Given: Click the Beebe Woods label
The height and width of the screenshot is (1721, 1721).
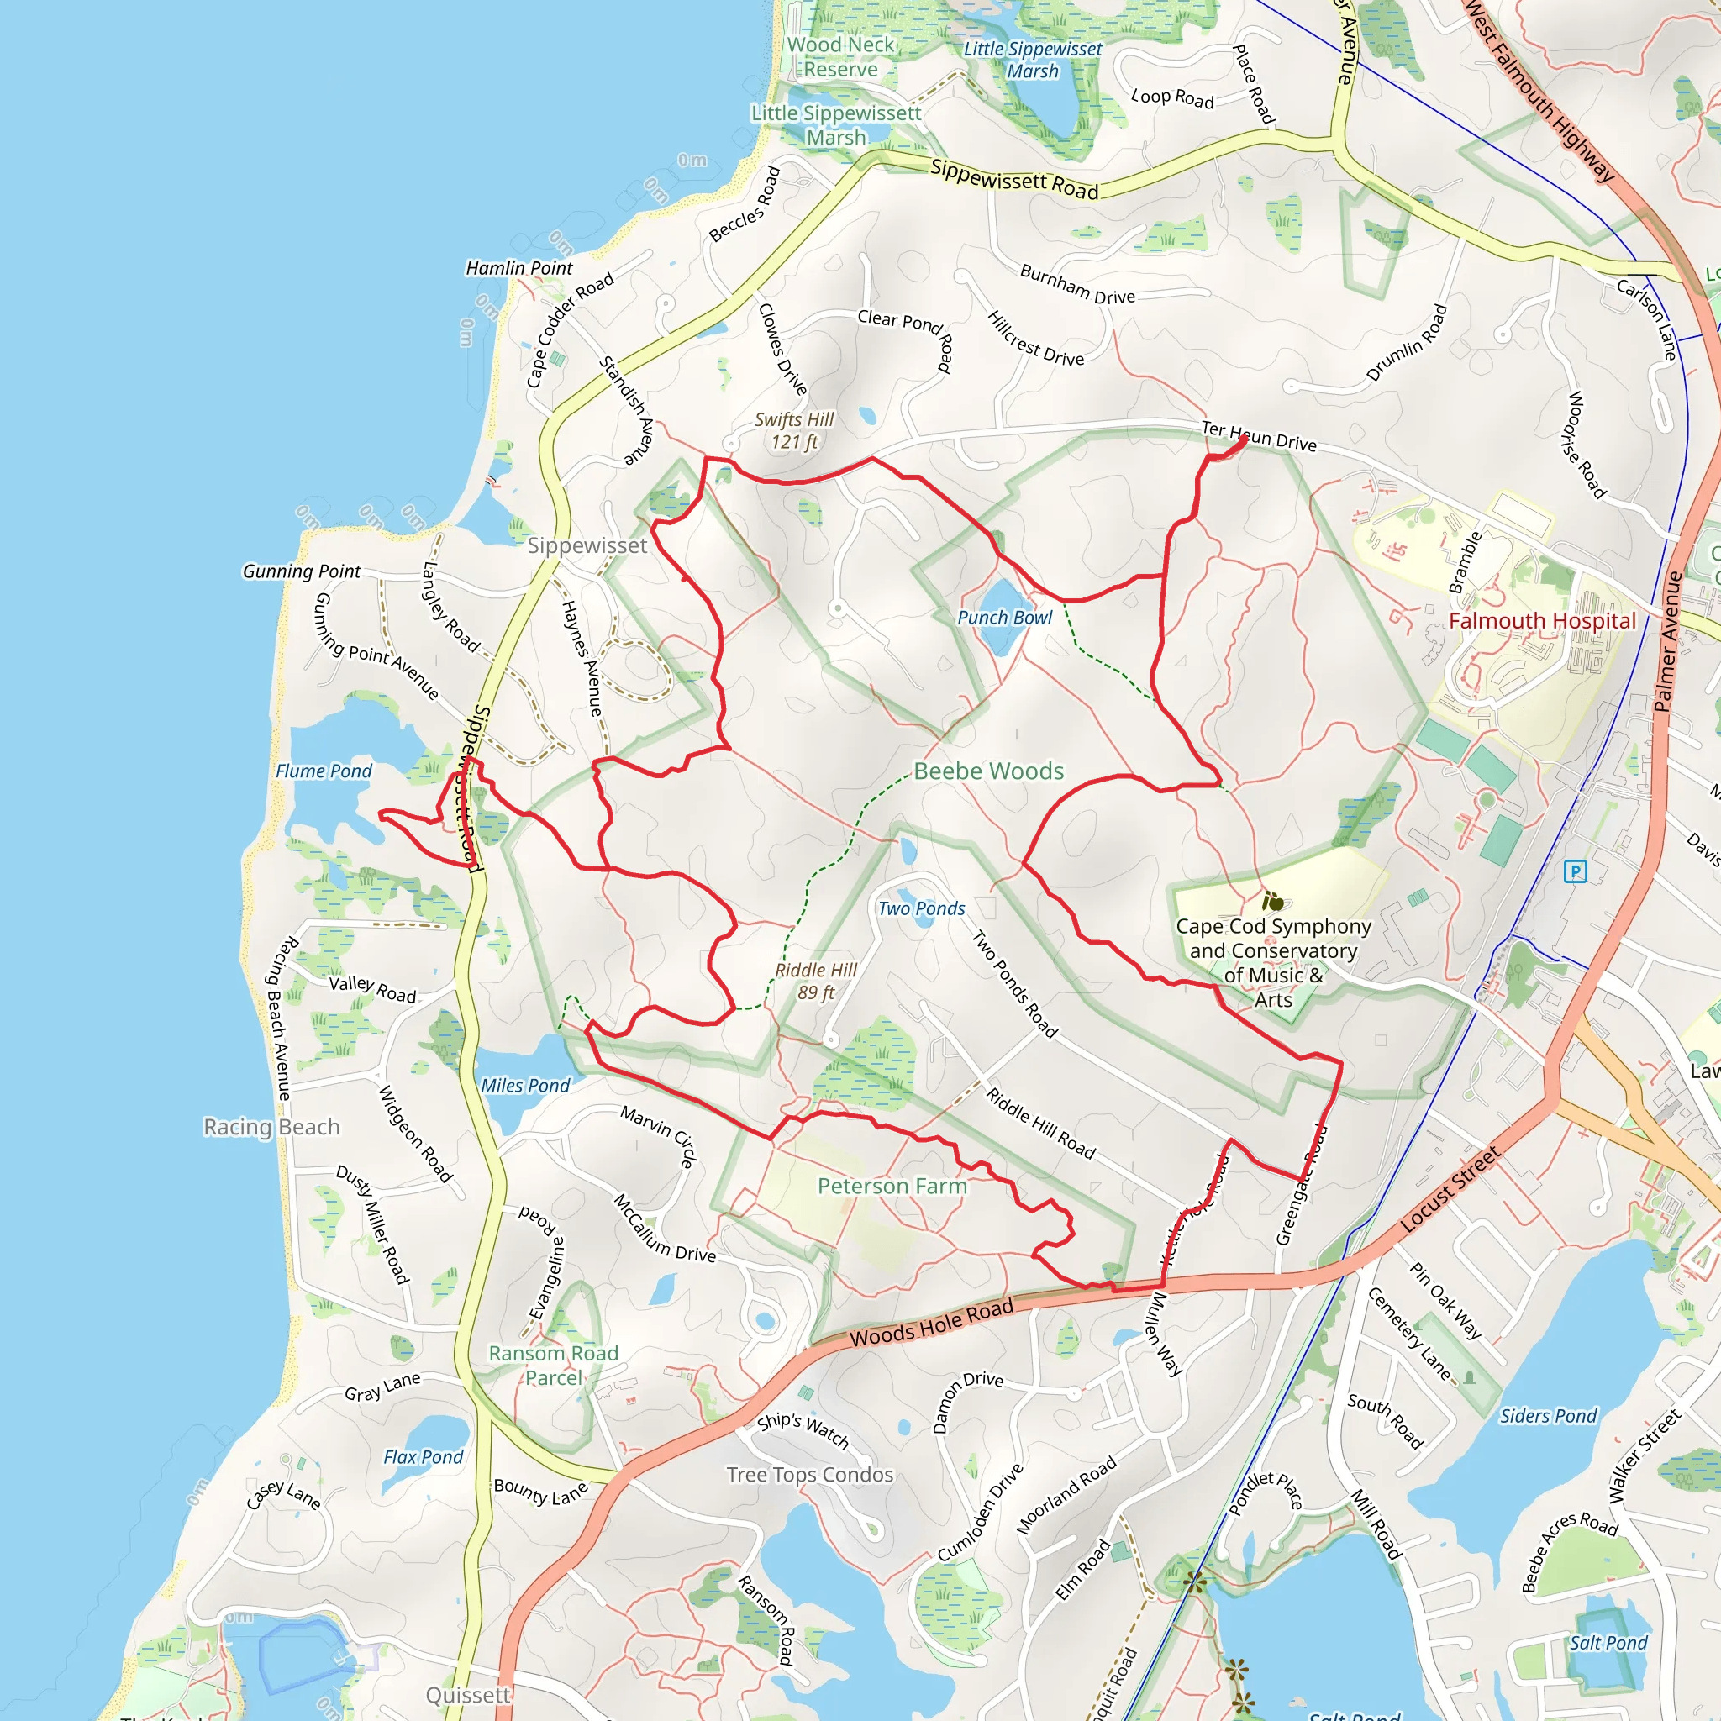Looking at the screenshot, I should pyautogui.click(x=989, y=771).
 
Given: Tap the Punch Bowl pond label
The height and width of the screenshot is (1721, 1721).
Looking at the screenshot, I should pyautogui.click(x=1005, y=618).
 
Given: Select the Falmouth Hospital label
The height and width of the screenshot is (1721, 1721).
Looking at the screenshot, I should pyautogui.click(x=1542, y=621).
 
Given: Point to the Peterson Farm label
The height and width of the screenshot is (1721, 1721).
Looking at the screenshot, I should pyautogui.click(x=892, y=1187).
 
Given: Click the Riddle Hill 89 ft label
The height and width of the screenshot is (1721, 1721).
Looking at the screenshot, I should pyautogui.click(x=816, y=982).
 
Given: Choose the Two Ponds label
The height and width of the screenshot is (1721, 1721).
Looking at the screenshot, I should pyautogui.click(x=921, y=908).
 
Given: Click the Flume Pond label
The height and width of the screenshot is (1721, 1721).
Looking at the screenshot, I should pyautogui.click(x=324, y=771).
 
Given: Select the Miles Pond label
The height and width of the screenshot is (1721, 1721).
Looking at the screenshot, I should pyautogui.click(x=524, y=1086).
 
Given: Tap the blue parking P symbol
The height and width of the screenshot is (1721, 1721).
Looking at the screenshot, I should pyautogui.click(x=1575, y=871).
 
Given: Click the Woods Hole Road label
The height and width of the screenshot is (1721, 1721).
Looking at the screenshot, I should pyautogui.click(x=931, y=1322).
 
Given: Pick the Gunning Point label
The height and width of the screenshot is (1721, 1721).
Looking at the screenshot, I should pyautogui.click(x=301, y=571).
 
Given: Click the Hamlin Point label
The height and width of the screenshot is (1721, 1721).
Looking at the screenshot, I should pyautogui.click(x=519, y=268).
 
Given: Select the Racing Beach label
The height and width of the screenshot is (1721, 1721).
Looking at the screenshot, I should pyautogui.click(x=271, y=1128).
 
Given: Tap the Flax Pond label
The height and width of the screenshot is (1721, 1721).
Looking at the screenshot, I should pyautogui.click(x=424, y=1457).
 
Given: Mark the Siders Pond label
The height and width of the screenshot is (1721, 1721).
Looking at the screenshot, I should pyautogui.click(x=1548, y=1416).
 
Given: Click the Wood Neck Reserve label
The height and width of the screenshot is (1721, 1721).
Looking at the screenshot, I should pyautogui.click(x=841, y=57).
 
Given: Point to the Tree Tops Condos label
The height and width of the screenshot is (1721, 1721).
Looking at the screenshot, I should pyautogui.click(x=810, y=1475).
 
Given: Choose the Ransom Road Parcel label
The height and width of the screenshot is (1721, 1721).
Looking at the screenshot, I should pyautogui.click(x=553, y=1366).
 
